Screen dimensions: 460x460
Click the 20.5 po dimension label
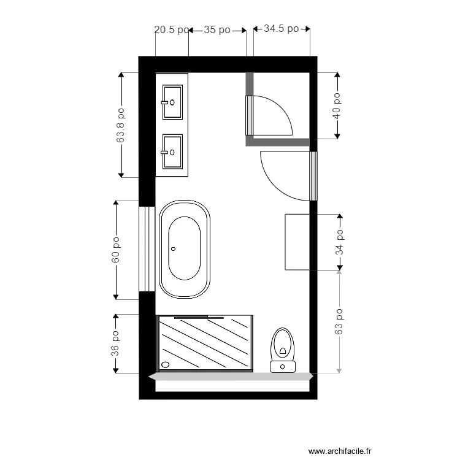pos(171,29)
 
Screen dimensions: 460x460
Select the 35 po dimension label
pos(217,29)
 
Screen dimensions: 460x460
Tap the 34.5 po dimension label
pos(281,29)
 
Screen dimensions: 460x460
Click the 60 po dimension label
pos(115,250)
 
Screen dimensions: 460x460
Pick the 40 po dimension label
pos(337,105)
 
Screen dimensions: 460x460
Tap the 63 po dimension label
pos(339,321)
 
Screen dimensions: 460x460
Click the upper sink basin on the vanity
pos(172,102)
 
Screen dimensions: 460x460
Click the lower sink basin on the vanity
pos(172,151)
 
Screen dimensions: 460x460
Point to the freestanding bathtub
pos(185,250)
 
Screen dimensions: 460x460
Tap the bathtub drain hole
pos(174,249)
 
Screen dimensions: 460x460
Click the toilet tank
pos(283,366)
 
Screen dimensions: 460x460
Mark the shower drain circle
pos(164,364)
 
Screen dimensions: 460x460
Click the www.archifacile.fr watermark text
pos(340,451)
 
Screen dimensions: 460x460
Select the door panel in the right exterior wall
pos(313,176)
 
